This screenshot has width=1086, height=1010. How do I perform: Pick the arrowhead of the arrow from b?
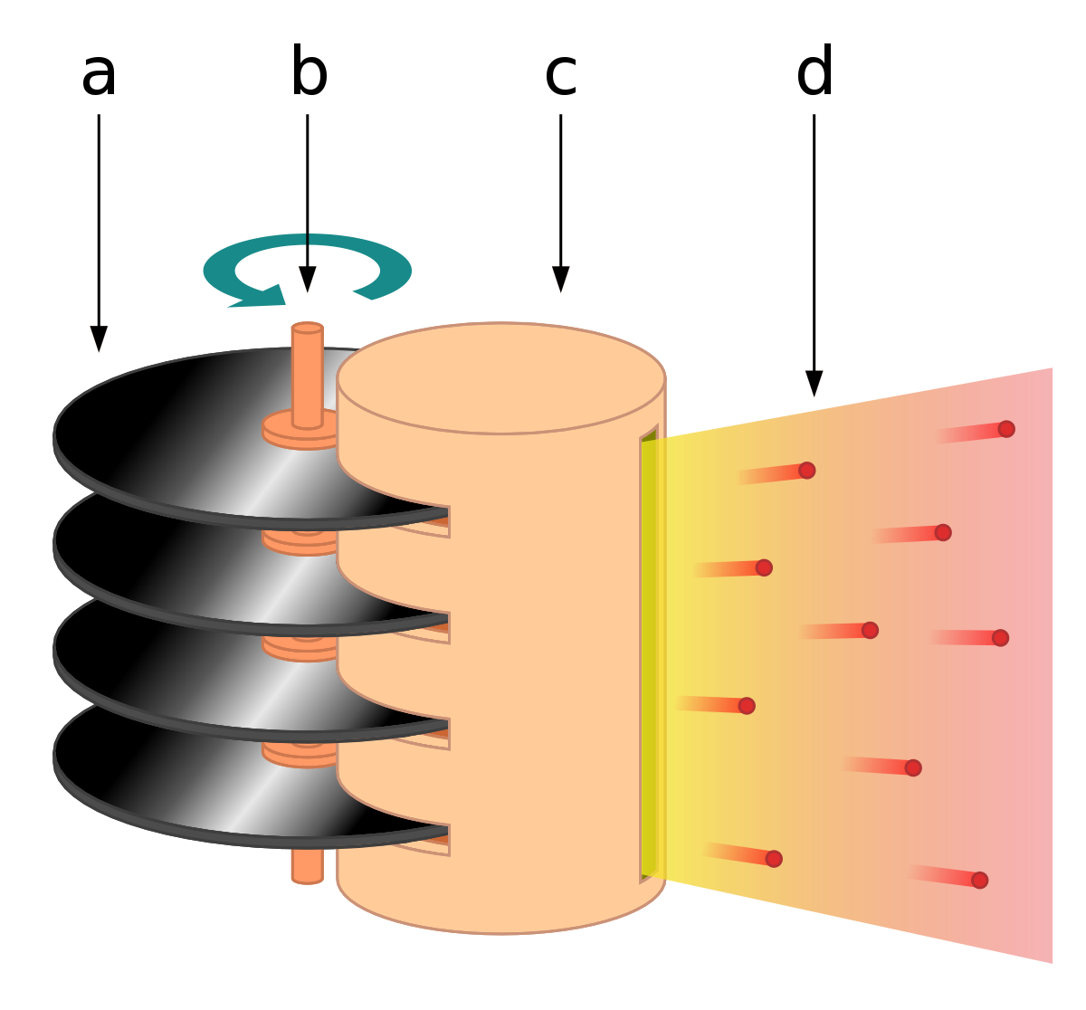tap(308, 280)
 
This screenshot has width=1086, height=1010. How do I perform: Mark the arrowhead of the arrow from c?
tap(561, 280)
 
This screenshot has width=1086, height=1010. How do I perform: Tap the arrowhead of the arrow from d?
tap(814, 384)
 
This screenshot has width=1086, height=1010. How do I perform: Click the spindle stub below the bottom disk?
tap(308, 866)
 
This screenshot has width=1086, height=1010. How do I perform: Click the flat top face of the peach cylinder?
tap(500, 378)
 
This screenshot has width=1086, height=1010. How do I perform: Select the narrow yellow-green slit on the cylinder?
tap(649, 653)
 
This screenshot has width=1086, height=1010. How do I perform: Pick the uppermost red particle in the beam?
tap(1006, 429)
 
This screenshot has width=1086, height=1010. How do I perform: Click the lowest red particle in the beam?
tap(979, 881)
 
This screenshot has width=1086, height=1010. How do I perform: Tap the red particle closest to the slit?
tap(747, 706)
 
